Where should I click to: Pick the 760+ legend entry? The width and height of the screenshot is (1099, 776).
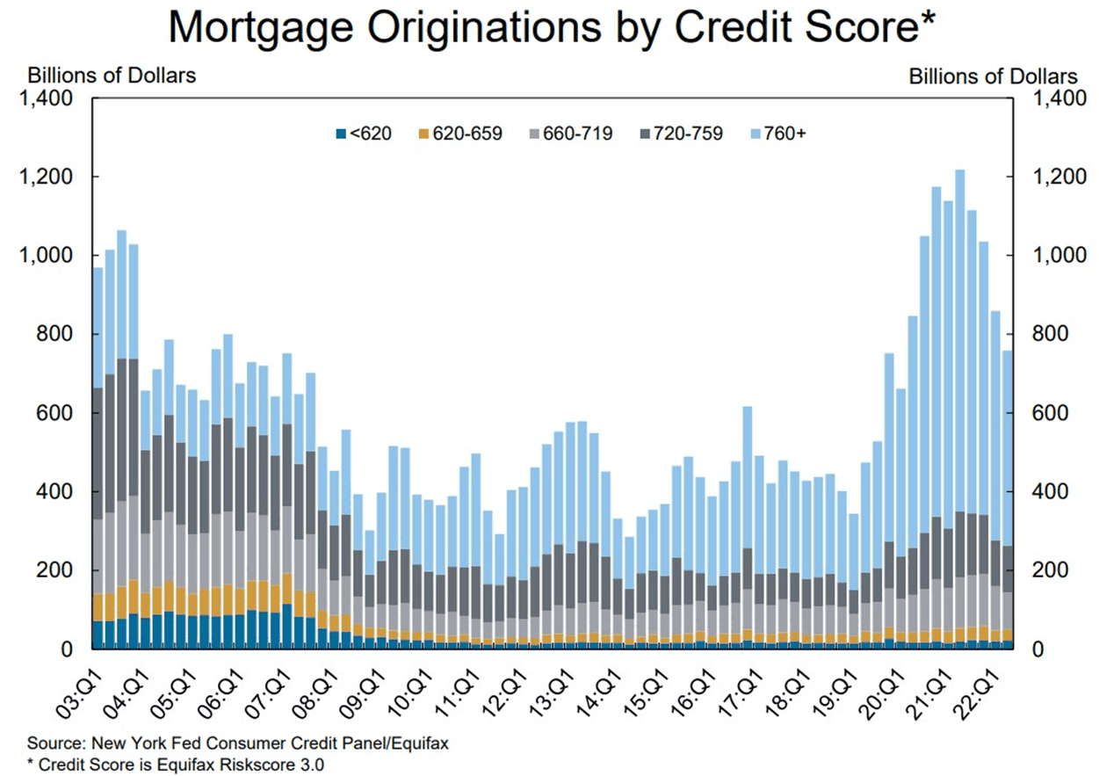[779, 134]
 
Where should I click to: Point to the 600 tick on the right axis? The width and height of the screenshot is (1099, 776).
[1047, 414]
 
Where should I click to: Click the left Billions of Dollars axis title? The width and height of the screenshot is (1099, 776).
[112, 76]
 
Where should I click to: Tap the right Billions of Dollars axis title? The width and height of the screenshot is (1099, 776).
[993, 76]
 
